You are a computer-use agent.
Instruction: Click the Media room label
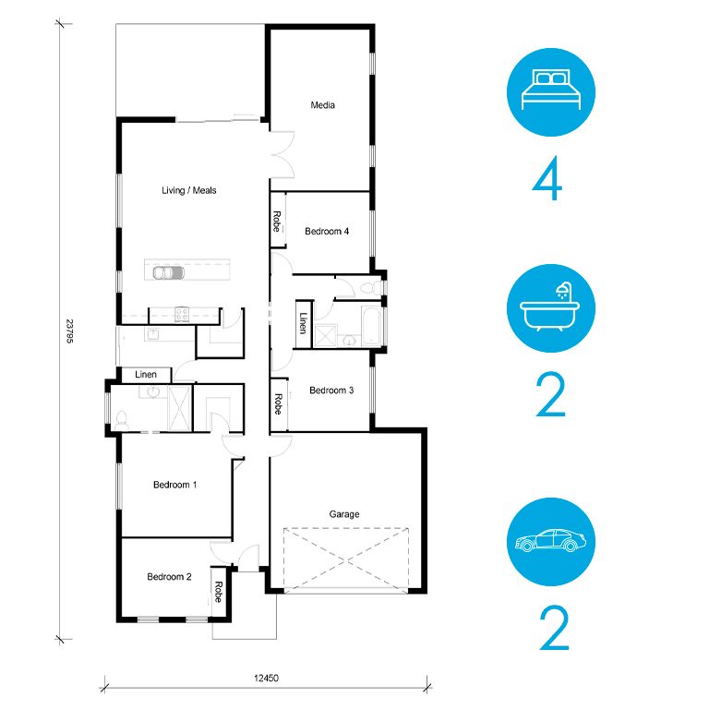tap(322, 105)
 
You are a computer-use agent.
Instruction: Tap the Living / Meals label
tap(189, 190)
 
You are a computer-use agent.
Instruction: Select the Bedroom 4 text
tap(327, 231)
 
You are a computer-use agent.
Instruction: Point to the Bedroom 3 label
tap(331, 390)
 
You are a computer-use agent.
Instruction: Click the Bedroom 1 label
tap(175, 485)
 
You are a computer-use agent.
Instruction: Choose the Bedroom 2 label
tap(169, 576)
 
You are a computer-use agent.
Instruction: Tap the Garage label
tap(344, 514)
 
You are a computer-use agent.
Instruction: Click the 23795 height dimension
tap(69, 331)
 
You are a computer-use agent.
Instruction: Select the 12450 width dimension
tap(266, 678)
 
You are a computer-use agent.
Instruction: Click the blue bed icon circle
tap(551, 92)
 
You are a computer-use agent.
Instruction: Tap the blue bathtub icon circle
tap(551, 308)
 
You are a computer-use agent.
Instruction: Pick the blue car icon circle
tap(551, 542)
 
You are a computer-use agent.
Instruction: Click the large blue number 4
tap(547, 177)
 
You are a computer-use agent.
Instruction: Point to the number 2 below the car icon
tap(554, 628)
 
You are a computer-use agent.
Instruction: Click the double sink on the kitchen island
tap(168, 273)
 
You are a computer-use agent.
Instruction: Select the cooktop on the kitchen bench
tap(182, 314)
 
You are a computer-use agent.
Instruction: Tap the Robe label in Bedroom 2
tap(218, 592)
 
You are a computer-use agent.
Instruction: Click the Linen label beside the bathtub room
tap(303, 323)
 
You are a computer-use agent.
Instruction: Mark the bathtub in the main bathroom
tap(371, 326)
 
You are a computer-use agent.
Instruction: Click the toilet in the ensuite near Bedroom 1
tap(121, 421)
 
